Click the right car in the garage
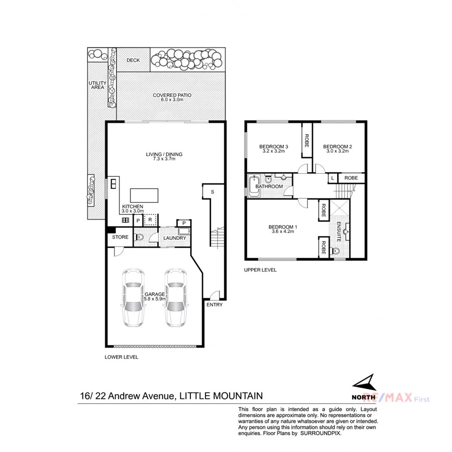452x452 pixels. [x=175, y=298]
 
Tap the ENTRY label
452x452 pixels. [x=214, y=305]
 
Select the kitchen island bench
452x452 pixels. [x=144, y=194]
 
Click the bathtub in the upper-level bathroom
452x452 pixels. [x=254, y=186]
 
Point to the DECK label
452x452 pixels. [x=133, y=60]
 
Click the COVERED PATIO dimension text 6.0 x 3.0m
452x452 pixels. [x=172, y=100]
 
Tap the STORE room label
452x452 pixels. [x=120, y=237]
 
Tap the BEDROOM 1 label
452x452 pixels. [x=282, y=227]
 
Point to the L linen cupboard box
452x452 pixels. [x=332, y=178]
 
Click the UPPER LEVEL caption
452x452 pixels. [x=260, y=270]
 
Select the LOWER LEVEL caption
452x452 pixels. [x=121, y=357]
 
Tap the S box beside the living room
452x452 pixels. [x=212, y=191]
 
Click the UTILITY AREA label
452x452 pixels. [x=96, y=85]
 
